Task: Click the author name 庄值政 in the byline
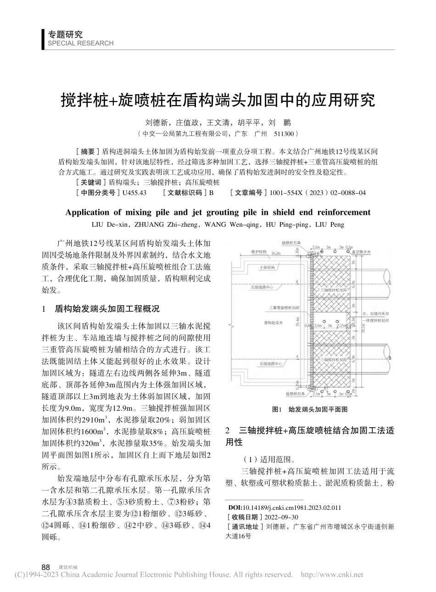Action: click(188, 123)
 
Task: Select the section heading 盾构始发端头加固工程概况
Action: click(107, 309)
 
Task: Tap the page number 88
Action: click(45, 567)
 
